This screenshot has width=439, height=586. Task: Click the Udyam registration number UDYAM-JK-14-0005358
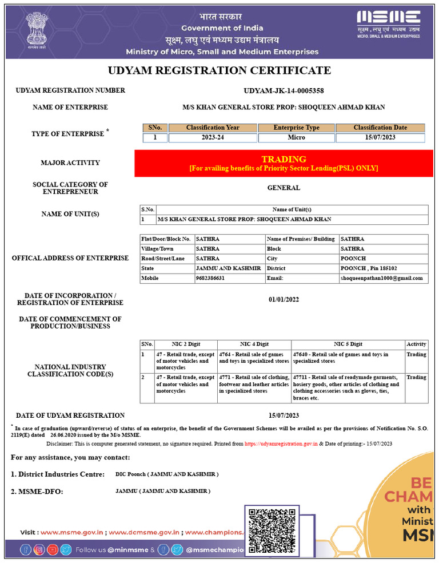[284, 90]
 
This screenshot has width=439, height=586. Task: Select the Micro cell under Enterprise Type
[296, 138]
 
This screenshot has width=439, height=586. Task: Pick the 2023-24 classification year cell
[213, 138]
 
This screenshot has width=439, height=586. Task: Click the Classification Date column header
[380, 128]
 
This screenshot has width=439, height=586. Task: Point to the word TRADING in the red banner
[284, 159]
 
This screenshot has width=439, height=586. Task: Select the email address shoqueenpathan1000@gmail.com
[382, 278]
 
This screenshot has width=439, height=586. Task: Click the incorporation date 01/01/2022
[284, 299]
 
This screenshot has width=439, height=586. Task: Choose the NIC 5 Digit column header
[348, 344]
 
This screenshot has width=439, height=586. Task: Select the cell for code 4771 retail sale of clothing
[254, 384]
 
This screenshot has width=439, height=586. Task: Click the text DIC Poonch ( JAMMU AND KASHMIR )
[167, 474]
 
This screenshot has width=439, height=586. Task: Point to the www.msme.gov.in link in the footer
[72, 532]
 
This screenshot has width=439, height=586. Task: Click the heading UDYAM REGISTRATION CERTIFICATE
[219, 70]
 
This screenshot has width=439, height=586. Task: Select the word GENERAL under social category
[284, 188]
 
